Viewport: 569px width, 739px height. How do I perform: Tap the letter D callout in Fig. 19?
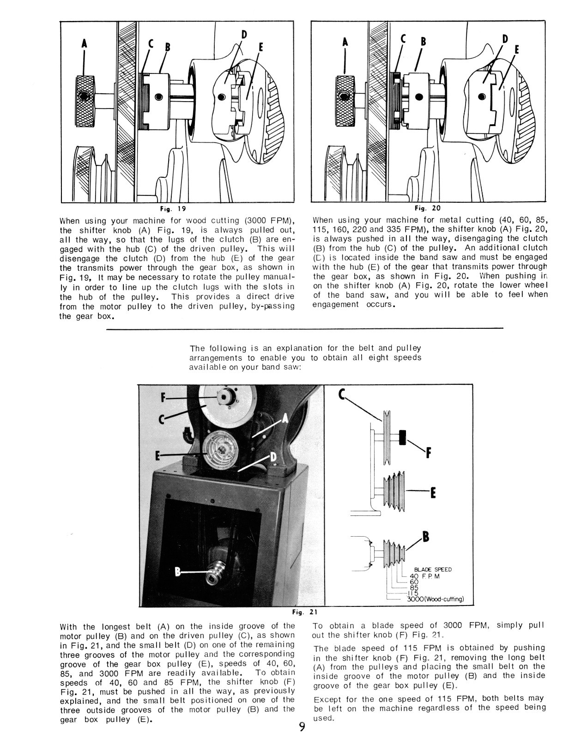point(244,34)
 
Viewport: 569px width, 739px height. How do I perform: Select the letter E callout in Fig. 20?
point(516,49)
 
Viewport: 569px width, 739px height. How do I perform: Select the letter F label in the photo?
point(163,397)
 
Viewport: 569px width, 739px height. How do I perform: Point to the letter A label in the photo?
point(285,418)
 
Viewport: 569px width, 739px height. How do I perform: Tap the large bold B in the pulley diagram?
point(426,537)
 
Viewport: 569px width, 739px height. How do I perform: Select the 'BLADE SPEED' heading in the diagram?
point(433,569)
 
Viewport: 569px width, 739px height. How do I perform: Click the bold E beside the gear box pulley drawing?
point(433,494)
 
